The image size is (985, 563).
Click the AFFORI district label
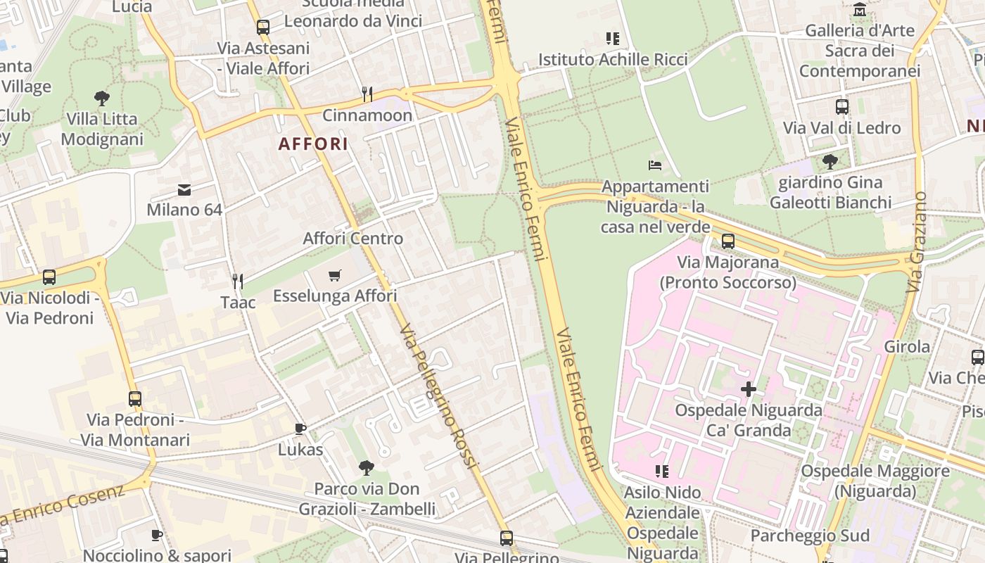(x=313, y=144)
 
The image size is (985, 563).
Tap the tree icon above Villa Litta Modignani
(x=102, y=98)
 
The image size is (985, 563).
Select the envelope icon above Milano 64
(x=184, y=189)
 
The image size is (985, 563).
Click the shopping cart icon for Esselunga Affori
(x=335, y=275)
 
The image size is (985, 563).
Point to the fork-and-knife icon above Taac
(x=238, y=281)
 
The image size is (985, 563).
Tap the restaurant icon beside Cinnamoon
(x=367, y=94)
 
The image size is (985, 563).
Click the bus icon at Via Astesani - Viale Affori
(x=263, y=27)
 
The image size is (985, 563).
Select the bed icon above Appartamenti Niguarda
(x=655, y=165)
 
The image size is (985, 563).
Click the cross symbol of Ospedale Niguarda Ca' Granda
(x=749, y=388)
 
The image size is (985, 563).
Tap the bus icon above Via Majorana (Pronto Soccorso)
(x=728, y=241)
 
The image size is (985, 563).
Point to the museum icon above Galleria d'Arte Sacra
(x=860, y=10)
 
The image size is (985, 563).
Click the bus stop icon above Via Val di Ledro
(x=842, y=107)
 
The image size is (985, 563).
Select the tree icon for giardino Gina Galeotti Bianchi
(x=830, y=162)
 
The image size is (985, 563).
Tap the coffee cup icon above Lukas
(x=300, y=429)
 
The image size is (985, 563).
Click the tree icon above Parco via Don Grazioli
(x=367, y=467)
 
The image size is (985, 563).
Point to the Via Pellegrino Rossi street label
(x=438, y=398)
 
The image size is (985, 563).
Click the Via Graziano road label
(x=917, y=243)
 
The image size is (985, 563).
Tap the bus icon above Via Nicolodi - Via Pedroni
(x=49, y=277)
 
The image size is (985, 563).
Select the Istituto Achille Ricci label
(x=613, y=60)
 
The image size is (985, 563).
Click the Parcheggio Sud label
(x=810, y=536)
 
